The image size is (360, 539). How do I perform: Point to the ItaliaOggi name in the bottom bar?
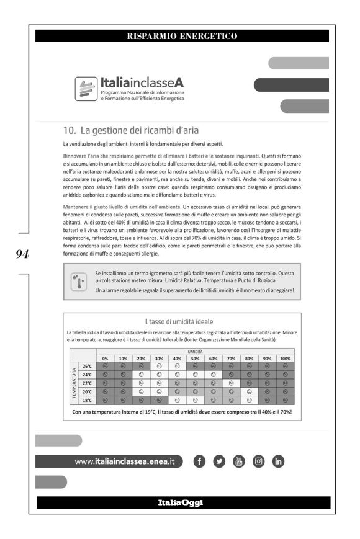(x=180, y=502)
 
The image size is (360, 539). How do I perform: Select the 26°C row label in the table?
(x=88, y=367)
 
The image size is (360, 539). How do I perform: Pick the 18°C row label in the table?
(x=88, y=400)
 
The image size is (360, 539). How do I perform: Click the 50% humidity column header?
(x=195, y=359)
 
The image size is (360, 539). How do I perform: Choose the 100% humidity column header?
(x=285, y=359)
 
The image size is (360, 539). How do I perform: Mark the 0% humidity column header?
(x=105, y=359)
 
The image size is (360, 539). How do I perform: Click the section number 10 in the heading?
(x=69, y=130)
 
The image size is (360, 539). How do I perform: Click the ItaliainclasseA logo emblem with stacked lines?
(x=85, y=89)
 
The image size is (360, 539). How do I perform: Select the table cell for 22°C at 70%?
(x=231, y=383)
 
